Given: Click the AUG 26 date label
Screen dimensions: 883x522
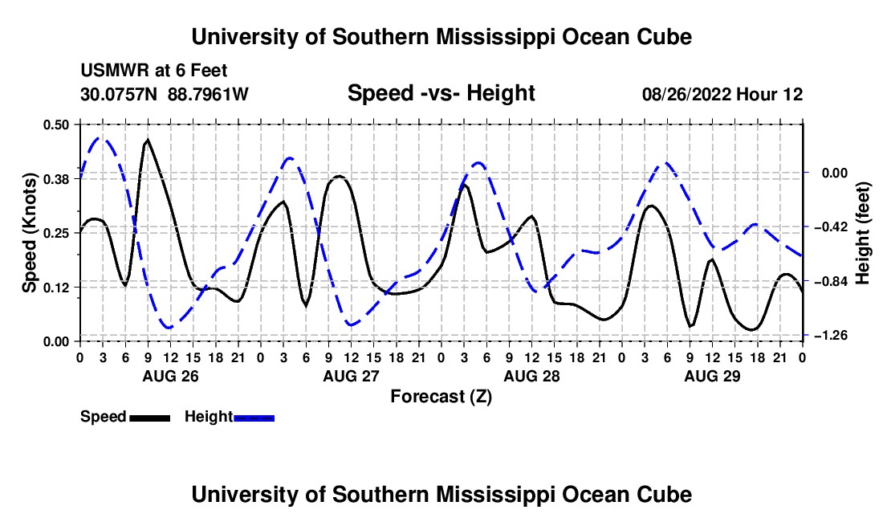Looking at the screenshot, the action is [171, 376].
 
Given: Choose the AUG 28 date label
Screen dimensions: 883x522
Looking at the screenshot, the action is [531, 376].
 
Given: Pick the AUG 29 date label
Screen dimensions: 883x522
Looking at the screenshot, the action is [712, 376].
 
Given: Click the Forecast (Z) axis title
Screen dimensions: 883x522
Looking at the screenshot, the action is [441, 397].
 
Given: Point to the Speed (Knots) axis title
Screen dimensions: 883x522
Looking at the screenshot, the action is [29, 233].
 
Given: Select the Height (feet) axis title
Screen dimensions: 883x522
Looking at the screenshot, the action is [862, 233].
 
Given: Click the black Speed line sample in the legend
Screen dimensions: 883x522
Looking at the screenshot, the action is [150, 418].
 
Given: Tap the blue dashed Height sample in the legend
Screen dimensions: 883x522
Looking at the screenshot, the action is [254, 418].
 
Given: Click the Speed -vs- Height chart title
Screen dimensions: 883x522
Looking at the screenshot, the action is [441, 93].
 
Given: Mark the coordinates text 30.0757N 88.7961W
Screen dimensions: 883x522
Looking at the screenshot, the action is [164, 94].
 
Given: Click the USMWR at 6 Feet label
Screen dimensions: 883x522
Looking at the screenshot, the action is [154, 71].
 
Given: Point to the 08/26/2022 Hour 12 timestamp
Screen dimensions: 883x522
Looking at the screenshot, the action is [722, 94].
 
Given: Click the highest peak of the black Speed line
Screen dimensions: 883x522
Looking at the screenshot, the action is [148, 140].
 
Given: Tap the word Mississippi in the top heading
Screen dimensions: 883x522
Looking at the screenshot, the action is [495, 37].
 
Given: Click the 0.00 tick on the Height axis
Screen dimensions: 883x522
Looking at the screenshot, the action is [835, 173].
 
